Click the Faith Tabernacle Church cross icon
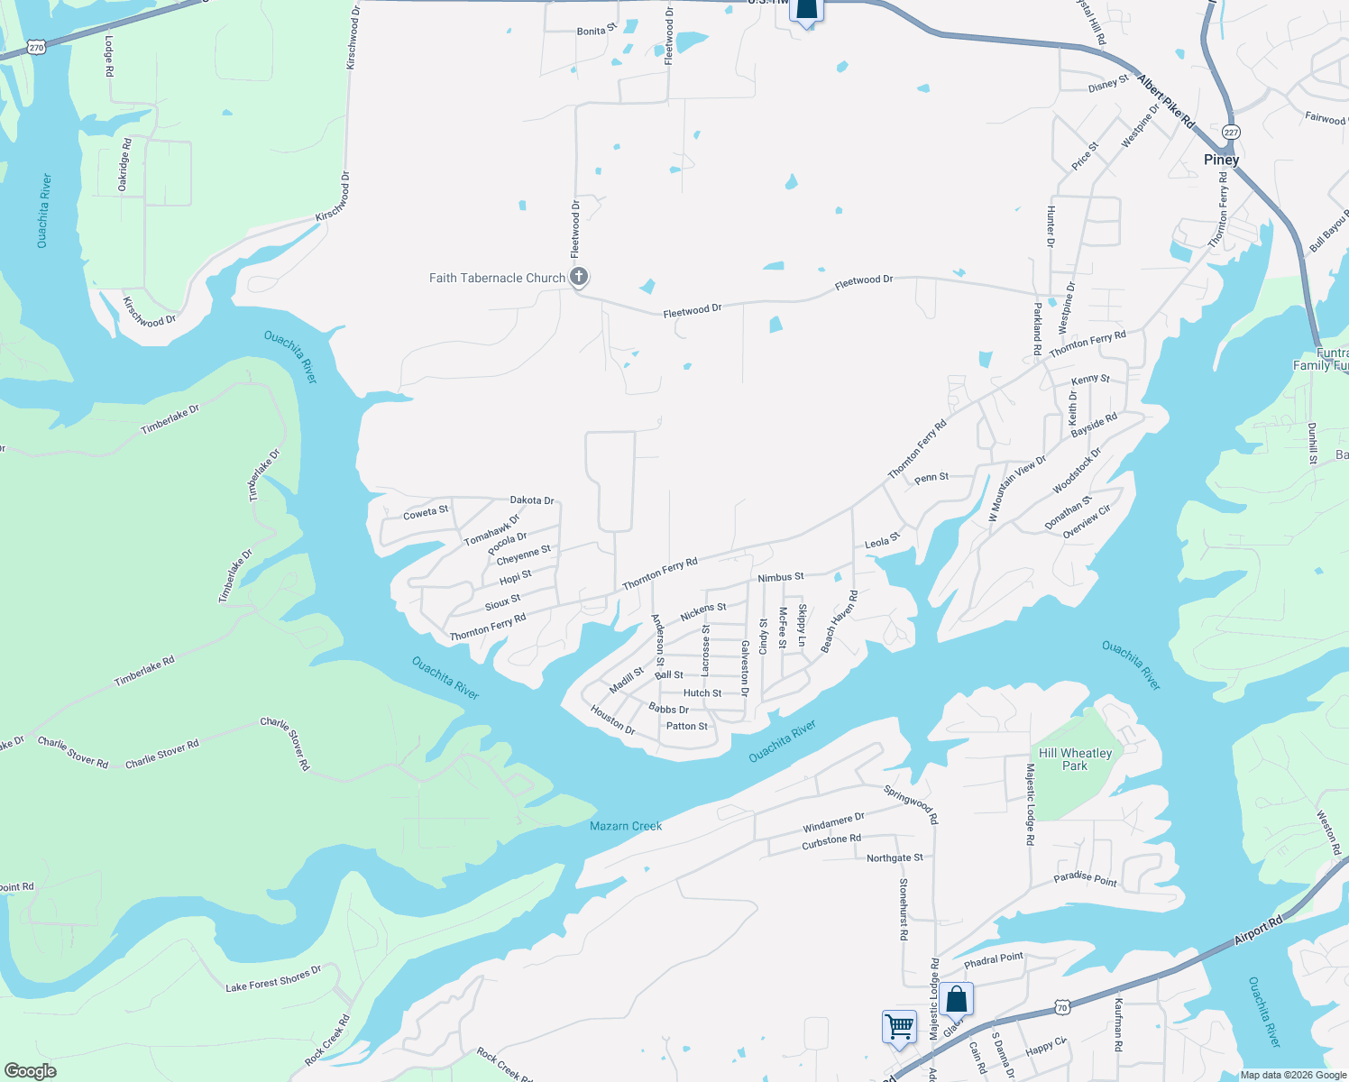[579, 277]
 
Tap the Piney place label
[1221, 160]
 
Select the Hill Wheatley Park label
[1075, 759]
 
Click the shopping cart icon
[899, 1026]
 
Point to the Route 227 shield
[1231, 132]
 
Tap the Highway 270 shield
[36, 46]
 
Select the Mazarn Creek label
[626, 826]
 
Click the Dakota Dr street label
[532, 500]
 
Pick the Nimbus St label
[780, 577]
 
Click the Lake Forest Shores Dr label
[273, 979]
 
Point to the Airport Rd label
[1258, 931]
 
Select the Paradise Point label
[1086, 879]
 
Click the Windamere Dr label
[833, 822]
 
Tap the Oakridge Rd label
[124, 164]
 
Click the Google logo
[30, 1071]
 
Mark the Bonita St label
[596, 30]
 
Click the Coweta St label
[426, 512]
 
